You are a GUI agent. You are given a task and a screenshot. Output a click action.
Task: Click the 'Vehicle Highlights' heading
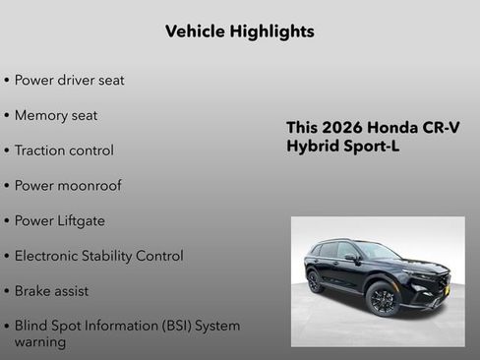pyautogui.click(x=240, y=31)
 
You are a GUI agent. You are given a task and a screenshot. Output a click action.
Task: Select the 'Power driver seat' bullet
pyautogui.click(x=69, y=80)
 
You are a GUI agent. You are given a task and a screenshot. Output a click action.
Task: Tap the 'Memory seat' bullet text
pyautogui.click(x=56, y=115)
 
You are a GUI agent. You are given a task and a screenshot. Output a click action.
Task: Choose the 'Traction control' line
pyautogui.click(x=64, y=150)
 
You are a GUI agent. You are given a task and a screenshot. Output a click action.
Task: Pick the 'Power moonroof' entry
pyautogui.click(x=68, y=185)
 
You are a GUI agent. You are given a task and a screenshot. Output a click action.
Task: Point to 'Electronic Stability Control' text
pyautogui.click(x=98, y=256)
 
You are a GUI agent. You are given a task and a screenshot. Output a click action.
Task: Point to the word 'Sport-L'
pyautogui.click(x=372, y=147)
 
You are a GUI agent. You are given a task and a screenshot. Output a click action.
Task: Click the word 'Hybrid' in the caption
pyautogui.click(x=312, y=147)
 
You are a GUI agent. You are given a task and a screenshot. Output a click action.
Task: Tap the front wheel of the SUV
pyautogui.click(x=384, y=299)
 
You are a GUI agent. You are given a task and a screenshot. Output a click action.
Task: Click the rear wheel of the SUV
pyautogui.click(x=315, y=281)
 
